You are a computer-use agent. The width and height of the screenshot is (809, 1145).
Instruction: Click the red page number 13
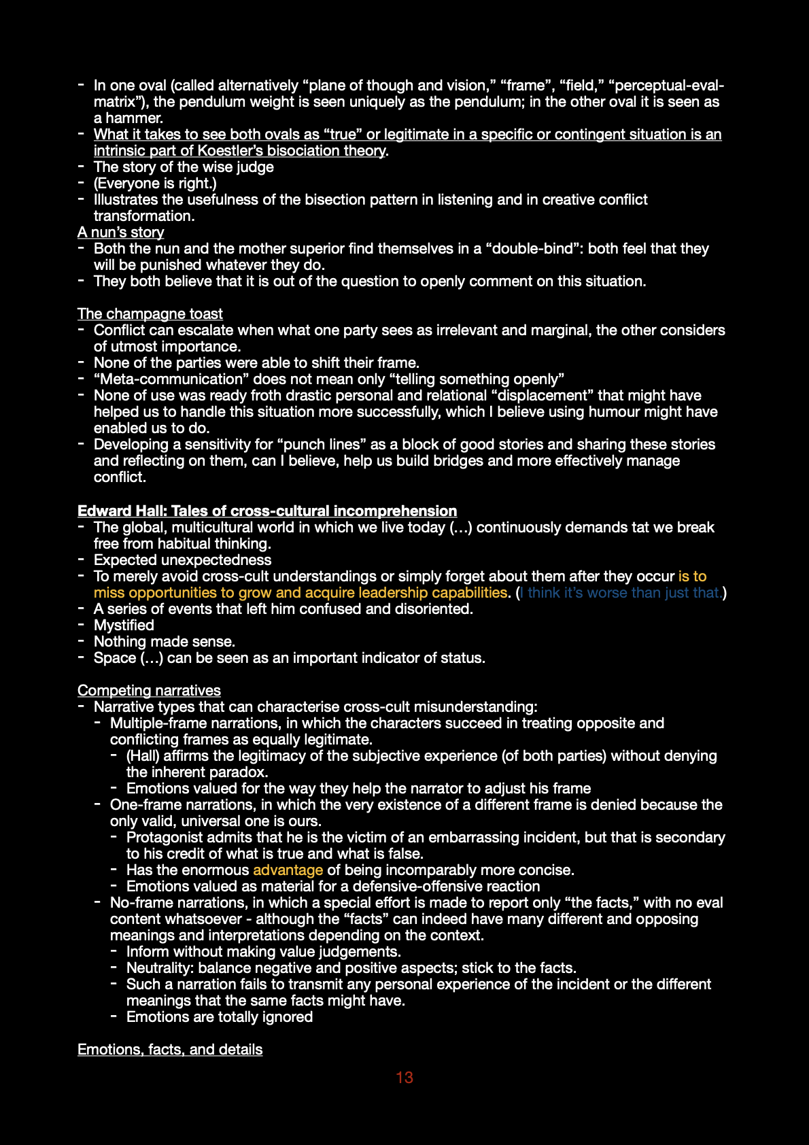click(x=404, y=1077)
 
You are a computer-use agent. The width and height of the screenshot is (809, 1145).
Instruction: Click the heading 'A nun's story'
click(x=121, y=233)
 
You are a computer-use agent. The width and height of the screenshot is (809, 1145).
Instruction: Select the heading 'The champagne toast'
click(x=150, y=314)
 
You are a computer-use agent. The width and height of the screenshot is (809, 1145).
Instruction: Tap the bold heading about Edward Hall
click(x=267, y=511)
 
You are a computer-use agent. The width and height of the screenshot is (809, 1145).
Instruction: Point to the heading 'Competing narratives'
click(x=149, y=691)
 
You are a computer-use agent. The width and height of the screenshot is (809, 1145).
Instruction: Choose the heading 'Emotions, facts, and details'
click(x=170, y=1050)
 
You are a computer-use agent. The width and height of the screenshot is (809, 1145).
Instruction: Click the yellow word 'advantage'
click(x=288, y=870)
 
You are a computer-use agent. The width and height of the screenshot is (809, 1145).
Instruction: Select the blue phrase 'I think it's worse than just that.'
click(x=621, y=593)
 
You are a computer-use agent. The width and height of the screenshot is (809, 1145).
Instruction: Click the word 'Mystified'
click(x=124, y=626)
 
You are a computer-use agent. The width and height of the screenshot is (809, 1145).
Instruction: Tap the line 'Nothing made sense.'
click(x=165, y=642)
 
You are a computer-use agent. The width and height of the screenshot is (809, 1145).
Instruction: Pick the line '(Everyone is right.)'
click(x=155, y=184)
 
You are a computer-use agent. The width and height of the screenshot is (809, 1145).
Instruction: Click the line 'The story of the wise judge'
click(x=184, y=167)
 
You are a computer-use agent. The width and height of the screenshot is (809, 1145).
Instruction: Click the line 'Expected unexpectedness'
click(x=182, y=560)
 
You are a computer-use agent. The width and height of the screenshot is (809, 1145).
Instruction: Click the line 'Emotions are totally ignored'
click(x=220, y=1017)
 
